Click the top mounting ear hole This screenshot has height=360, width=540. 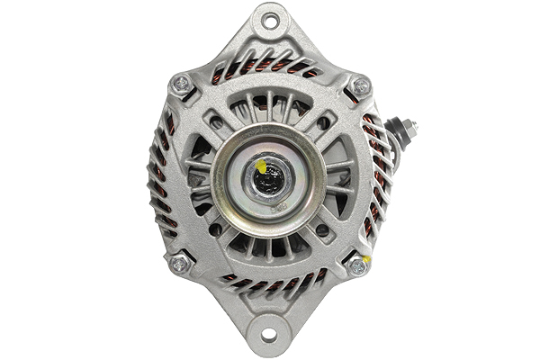pyautogui.click(x=268, y=21)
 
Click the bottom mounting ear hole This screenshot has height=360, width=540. pyautogui.click(x=268, y=335)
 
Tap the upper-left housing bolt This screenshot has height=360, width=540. pyautogui.click(x=181, y=85)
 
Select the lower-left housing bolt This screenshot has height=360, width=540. pyautogui.click(x=180, y=264)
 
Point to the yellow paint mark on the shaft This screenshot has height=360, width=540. pyautogui.click(x=261, y=166)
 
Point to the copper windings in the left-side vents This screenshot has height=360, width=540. pyautogui.click(x=162, y=180)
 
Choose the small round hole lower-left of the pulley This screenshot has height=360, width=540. pyautogui.click(x=215, y=229)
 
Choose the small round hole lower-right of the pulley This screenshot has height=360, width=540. pyautogui.click(x=322, y=230)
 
